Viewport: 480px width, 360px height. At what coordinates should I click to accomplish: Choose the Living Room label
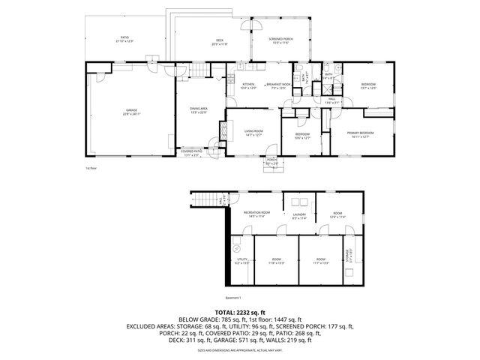point(253,133)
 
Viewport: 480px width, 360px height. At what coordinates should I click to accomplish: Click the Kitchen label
point(248,85)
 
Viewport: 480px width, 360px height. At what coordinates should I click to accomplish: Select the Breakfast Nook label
point(279,85)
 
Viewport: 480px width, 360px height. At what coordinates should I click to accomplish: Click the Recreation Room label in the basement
point(256,214)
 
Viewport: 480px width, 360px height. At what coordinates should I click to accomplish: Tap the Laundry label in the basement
point(300,215)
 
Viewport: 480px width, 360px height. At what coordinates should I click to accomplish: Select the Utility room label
point(241,262)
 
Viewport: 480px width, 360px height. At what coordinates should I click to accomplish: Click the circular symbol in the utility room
point(235,248)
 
